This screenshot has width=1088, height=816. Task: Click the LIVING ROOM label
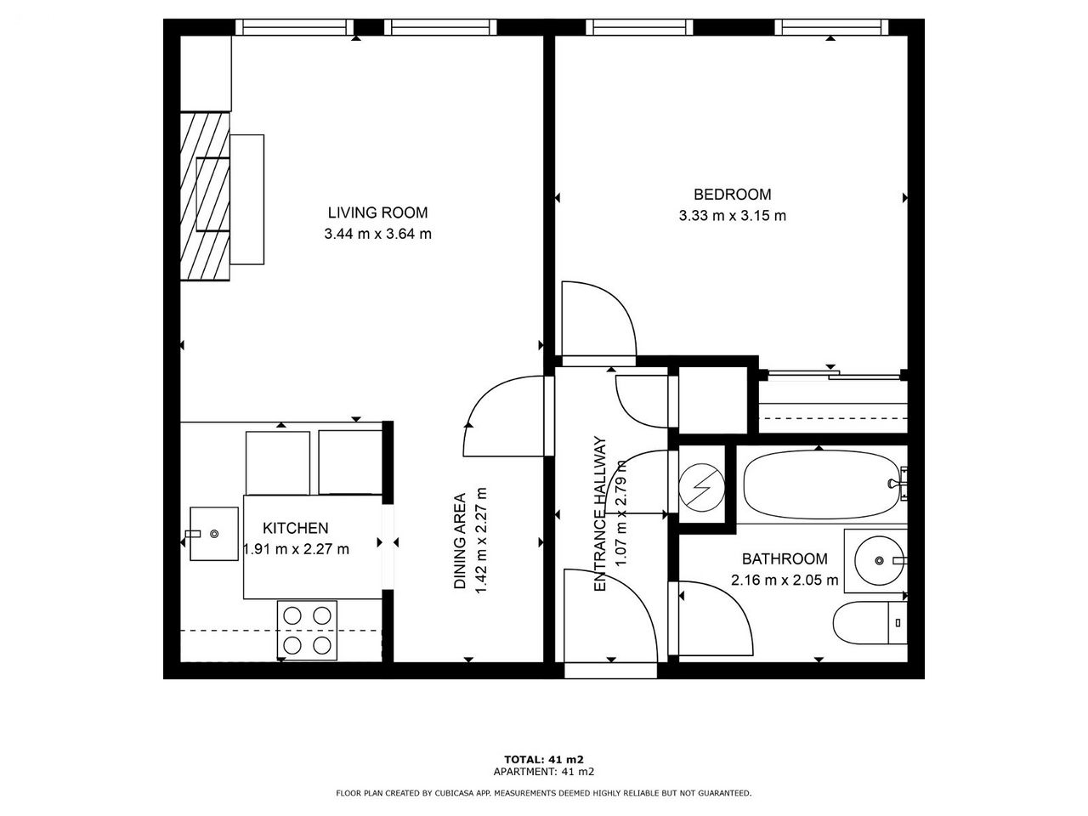tap(377, 212)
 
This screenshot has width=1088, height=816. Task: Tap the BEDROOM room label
tap(732, 194)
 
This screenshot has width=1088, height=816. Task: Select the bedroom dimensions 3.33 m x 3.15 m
tap(732, 216)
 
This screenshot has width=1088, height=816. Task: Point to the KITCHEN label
tap(296, 528)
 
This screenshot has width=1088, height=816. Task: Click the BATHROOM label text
tap(785, 558)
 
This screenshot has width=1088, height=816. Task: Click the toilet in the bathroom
tap(870, 623)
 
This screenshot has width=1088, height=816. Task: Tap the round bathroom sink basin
tap(879, 561)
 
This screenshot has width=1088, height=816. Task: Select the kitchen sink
tap(213, 534)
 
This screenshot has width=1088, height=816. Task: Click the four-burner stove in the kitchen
tap(308, 630)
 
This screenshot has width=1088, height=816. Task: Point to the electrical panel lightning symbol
tap(702, 487)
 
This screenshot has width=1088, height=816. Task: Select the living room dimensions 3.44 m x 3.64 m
tap(377, 234)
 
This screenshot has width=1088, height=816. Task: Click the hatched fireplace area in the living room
tap(205, 196)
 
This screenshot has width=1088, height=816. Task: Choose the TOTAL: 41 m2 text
tap(544, 759)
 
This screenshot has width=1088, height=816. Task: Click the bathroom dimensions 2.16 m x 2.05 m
tap(785, 580)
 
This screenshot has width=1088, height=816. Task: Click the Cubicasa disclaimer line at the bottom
tap(544, 793)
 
